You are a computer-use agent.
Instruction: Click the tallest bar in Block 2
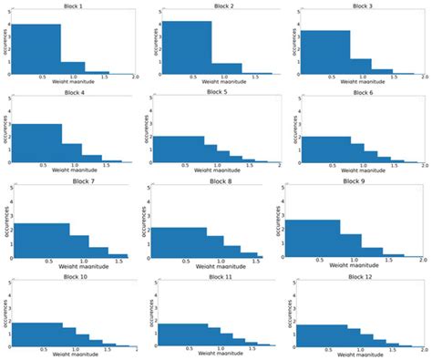[187, 46]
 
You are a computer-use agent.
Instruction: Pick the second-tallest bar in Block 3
[360, 66]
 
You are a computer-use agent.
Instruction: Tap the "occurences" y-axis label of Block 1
[4, 41]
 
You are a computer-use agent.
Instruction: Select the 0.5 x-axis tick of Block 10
[41, 351]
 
